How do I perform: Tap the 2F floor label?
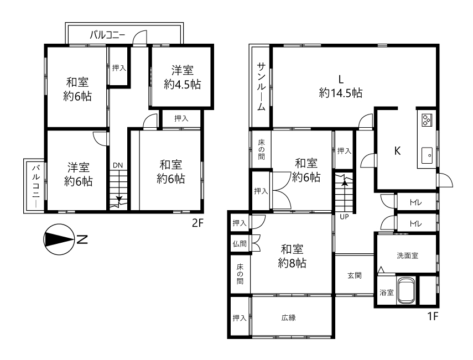point(198,223)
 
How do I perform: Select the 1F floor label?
point(432,316)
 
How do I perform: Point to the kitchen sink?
point(427,155)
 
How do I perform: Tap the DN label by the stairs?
point(118,165)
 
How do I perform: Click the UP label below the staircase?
point(344,217)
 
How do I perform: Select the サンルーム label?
point(261,86)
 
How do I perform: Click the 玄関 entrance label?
point(355,275)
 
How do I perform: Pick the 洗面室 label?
point(408,255)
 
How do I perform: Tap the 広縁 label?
point(288,317)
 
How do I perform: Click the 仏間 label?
point(240,244)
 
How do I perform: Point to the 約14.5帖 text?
point(341,93)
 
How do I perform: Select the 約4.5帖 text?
point(182,84)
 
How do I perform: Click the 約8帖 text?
point(292,263)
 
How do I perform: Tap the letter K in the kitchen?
point(398,151)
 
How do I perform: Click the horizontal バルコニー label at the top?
point(107,35)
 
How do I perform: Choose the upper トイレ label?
point(415,202)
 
